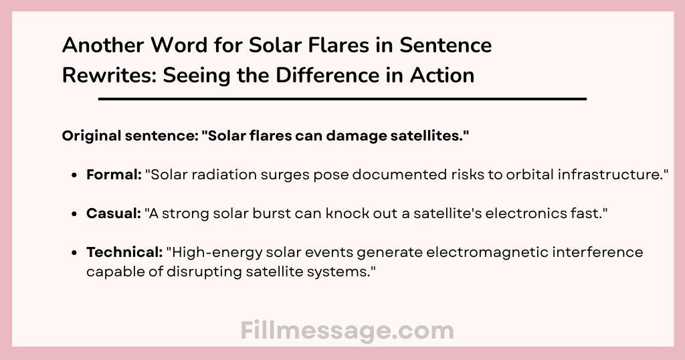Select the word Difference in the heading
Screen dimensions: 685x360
(326, 75)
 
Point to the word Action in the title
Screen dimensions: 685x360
(442, 75)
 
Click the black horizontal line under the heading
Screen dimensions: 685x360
(342, 99)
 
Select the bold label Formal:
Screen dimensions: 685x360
(114, 175)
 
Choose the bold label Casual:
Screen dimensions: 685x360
(114, 213)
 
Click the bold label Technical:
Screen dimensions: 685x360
(124, 252)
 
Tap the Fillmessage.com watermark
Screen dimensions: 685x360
(347, 331)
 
